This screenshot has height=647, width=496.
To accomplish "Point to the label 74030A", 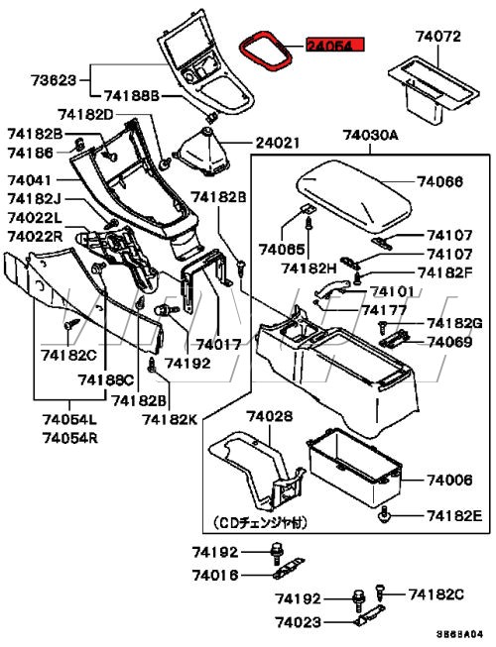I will click(x=371, y=135).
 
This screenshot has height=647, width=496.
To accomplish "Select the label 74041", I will click(x=30, y=182).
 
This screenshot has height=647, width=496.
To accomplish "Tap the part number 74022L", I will click(x=35, y=217).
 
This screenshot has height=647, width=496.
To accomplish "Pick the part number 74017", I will click(x=218, y=345).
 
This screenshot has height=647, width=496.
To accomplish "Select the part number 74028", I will click(x=270, y=417).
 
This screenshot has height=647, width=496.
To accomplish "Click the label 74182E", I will click(x=454, y=516).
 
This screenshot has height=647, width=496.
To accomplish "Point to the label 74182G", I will click(x=454, y=324).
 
